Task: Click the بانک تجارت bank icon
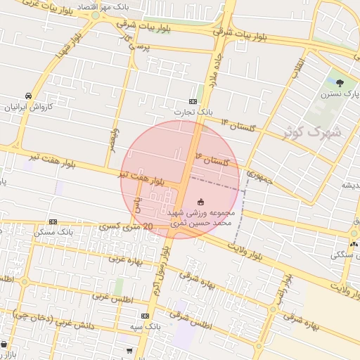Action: point(193,101)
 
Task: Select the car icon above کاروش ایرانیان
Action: point(27,96)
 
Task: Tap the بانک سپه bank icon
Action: point(146,316)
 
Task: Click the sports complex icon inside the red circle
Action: point(202,201)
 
